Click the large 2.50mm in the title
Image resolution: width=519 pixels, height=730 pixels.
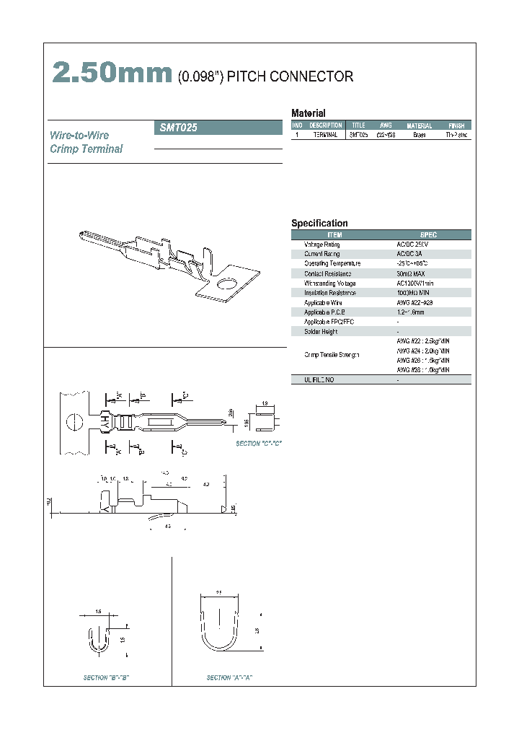pos(112,74)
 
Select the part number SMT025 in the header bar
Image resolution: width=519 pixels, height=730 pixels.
pos(177,128)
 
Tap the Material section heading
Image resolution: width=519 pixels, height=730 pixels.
pos(308,113)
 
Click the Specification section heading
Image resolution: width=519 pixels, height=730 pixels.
pos(319,224)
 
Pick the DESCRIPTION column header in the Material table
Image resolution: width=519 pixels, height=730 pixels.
pos(325,126)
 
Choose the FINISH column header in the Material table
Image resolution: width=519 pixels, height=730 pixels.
pos(456,126)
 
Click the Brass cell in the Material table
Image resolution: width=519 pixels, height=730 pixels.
pos(419,135)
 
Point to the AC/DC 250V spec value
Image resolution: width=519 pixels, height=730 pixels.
pos(412,245)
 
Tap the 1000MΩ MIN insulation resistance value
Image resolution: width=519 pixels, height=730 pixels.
pos(413,293)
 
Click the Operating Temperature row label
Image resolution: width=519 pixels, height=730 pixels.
pos(332,264)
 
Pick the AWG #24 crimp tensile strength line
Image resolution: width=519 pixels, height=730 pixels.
pos(423,350)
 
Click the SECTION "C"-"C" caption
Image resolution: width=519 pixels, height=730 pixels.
pos(259,444)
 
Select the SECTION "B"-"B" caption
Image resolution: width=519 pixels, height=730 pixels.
pos(106,678)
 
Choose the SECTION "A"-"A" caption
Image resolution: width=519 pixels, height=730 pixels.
pos(229,678)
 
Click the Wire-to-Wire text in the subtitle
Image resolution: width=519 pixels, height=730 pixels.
pos(79,136)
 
